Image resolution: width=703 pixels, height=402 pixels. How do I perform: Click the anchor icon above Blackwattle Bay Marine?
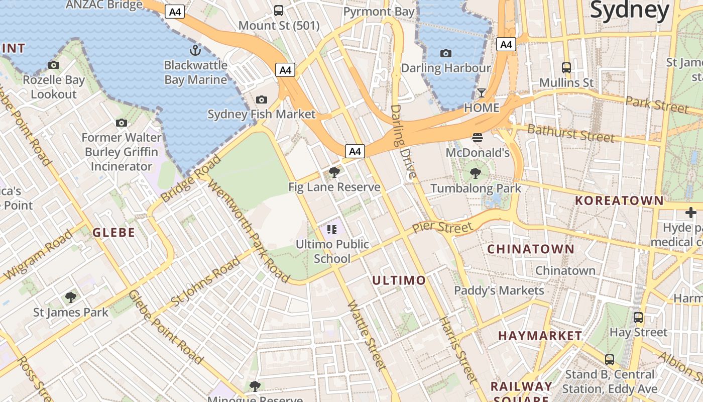coord(195,50)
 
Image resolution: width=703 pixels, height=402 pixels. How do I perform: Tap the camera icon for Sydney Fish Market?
coord(261,99)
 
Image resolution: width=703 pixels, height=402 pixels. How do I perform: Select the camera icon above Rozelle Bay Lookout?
coord(54,65)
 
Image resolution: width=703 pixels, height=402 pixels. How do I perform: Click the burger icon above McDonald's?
coord(478,138)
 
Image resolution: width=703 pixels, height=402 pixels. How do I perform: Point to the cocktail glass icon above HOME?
coord(482,93)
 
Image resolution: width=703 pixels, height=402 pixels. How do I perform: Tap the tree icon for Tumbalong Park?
coord(476,174)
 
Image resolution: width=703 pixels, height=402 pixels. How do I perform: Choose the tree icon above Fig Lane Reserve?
coord(334,172)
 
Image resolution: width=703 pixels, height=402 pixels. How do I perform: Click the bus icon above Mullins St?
coord(566,67)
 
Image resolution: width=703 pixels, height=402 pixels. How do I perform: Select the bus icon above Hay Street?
coord(638,318)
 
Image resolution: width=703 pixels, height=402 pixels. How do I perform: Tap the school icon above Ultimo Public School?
coord(331,230)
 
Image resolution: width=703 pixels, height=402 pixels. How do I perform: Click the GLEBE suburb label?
coord(114,232)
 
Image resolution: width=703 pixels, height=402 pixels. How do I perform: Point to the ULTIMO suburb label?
coord(399,280)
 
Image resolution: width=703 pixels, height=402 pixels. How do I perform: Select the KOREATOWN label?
coord(619,200)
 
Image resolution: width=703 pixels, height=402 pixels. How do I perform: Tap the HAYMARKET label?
coord(540,335)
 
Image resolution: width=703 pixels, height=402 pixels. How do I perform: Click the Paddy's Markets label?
coord(499,290)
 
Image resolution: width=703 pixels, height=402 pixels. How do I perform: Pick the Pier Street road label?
coord(442,227)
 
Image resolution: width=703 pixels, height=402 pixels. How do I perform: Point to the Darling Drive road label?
coord(403,142)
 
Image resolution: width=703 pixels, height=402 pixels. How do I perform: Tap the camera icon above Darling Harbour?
coord(445,53)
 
